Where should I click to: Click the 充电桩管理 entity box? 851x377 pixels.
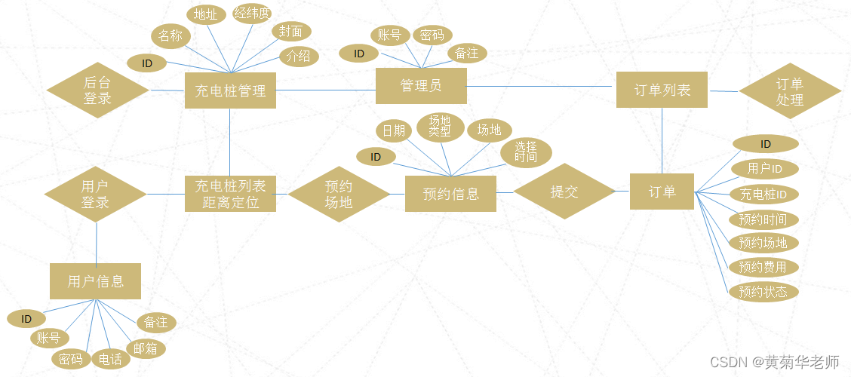[230, 90]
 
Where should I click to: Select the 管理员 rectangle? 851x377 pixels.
[421, 86]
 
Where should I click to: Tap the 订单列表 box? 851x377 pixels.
[662, 90]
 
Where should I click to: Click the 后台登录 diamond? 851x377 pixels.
[97, 90]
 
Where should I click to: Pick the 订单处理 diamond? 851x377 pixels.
[789, 91]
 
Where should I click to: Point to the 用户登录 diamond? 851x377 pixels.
[95, 194]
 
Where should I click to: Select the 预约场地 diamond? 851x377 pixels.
[339, 195]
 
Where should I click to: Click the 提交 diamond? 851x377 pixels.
[564, 192]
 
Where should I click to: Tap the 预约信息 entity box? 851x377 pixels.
[451, 194]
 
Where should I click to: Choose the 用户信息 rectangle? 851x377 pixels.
[95, 281]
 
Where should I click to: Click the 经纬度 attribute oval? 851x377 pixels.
[252, 14]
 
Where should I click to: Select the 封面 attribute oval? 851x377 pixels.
[291, 32]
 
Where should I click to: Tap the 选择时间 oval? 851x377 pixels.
[526, 152]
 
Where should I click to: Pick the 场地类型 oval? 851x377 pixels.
[440, 126]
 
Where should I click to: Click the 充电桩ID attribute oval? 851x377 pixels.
[763, 195]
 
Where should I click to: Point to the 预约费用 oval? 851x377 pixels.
[763, 267]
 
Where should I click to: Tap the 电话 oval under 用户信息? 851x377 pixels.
[110, 360]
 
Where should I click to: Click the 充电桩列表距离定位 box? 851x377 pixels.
[230, 194]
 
